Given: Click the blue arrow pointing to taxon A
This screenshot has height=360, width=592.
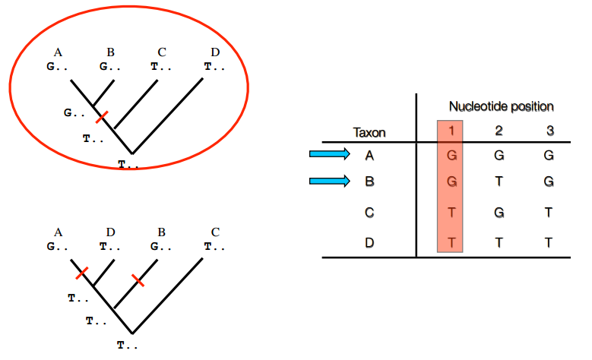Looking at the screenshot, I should (329, 155).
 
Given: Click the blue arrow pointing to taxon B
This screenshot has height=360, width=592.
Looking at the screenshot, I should (329, 182).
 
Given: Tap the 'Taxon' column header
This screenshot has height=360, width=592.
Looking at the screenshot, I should (370, 132).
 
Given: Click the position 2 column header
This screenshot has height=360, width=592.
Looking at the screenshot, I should (499, 131).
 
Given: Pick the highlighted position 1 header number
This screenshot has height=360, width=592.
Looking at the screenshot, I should (451, 131).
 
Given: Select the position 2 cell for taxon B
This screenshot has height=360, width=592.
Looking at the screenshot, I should (499, 182).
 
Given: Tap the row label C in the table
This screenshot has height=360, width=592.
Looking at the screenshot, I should (370, 212).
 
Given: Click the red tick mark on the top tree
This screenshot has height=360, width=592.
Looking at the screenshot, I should (102, 117).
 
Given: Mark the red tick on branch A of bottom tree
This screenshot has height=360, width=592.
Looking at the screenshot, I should (82, 272).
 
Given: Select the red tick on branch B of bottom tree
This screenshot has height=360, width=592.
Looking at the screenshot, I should (138, 280).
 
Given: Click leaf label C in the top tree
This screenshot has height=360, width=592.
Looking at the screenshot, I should (162, 52).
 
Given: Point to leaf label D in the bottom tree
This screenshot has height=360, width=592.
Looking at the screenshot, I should (111, 232).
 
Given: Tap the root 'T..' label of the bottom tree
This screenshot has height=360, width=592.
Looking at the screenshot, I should (127, 345).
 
